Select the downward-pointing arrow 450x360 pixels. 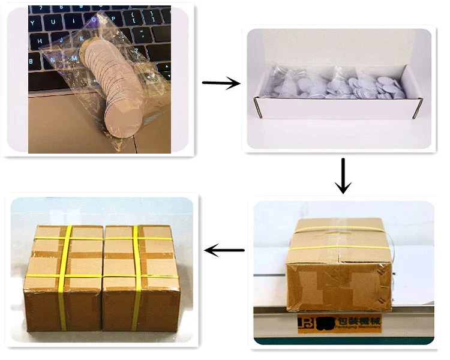(343, 176)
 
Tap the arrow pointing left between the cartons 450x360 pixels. (224, 250)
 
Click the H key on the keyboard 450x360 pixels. (40, 41)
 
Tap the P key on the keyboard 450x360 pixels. (113, 19)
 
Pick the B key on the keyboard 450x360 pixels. (31, 61)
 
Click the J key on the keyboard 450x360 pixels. (61, 40)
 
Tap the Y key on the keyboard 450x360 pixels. (32, 23)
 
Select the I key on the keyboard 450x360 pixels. (73, 21)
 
